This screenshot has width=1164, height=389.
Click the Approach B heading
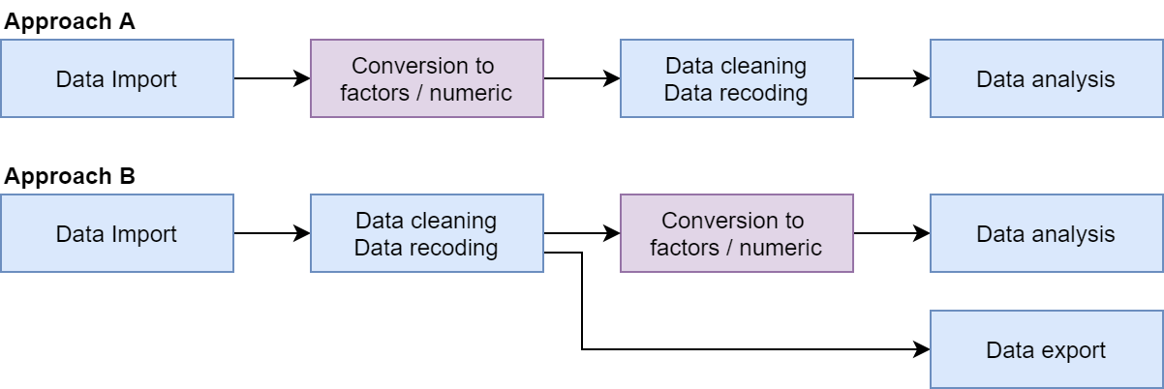[69, 177]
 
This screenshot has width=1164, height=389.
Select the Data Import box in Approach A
[116, 78]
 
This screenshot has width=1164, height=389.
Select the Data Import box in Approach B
[116, 233]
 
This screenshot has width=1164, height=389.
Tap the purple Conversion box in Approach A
[426, 78]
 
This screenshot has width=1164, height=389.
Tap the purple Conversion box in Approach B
[736, 233]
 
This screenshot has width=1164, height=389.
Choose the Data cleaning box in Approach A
[736, 78]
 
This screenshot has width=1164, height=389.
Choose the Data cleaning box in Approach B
[426, 233]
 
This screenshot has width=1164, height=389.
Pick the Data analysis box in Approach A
[1046, 78]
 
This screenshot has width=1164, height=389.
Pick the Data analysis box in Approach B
[1046, 233]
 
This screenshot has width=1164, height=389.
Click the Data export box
[1046, 349]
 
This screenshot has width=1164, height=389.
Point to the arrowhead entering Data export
[922, 349]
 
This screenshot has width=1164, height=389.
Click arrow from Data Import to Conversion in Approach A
[271, 78]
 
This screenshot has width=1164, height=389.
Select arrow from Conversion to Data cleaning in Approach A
[581, 78]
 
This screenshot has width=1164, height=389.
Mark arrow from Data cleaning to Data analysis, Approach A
[891, 78]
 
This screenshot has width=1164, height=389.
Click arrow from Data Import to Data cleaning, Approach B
[271, 233]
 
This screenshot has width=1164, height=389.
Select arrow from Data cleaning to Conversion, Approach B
[581, 233]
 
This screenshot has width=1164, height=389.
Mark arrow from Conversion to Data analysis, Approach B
[891, 233]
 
